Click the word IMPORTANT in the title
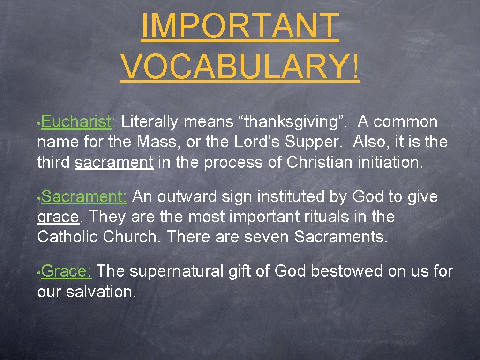(240, 27)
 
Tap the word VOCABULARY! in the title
(240, 67)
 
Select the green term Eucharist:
(78, 122)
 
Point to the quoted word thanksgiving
(293, 122)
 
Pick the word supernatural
(177, 271)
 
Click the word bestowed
(346, 271)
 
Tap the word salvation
(101, 292)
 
